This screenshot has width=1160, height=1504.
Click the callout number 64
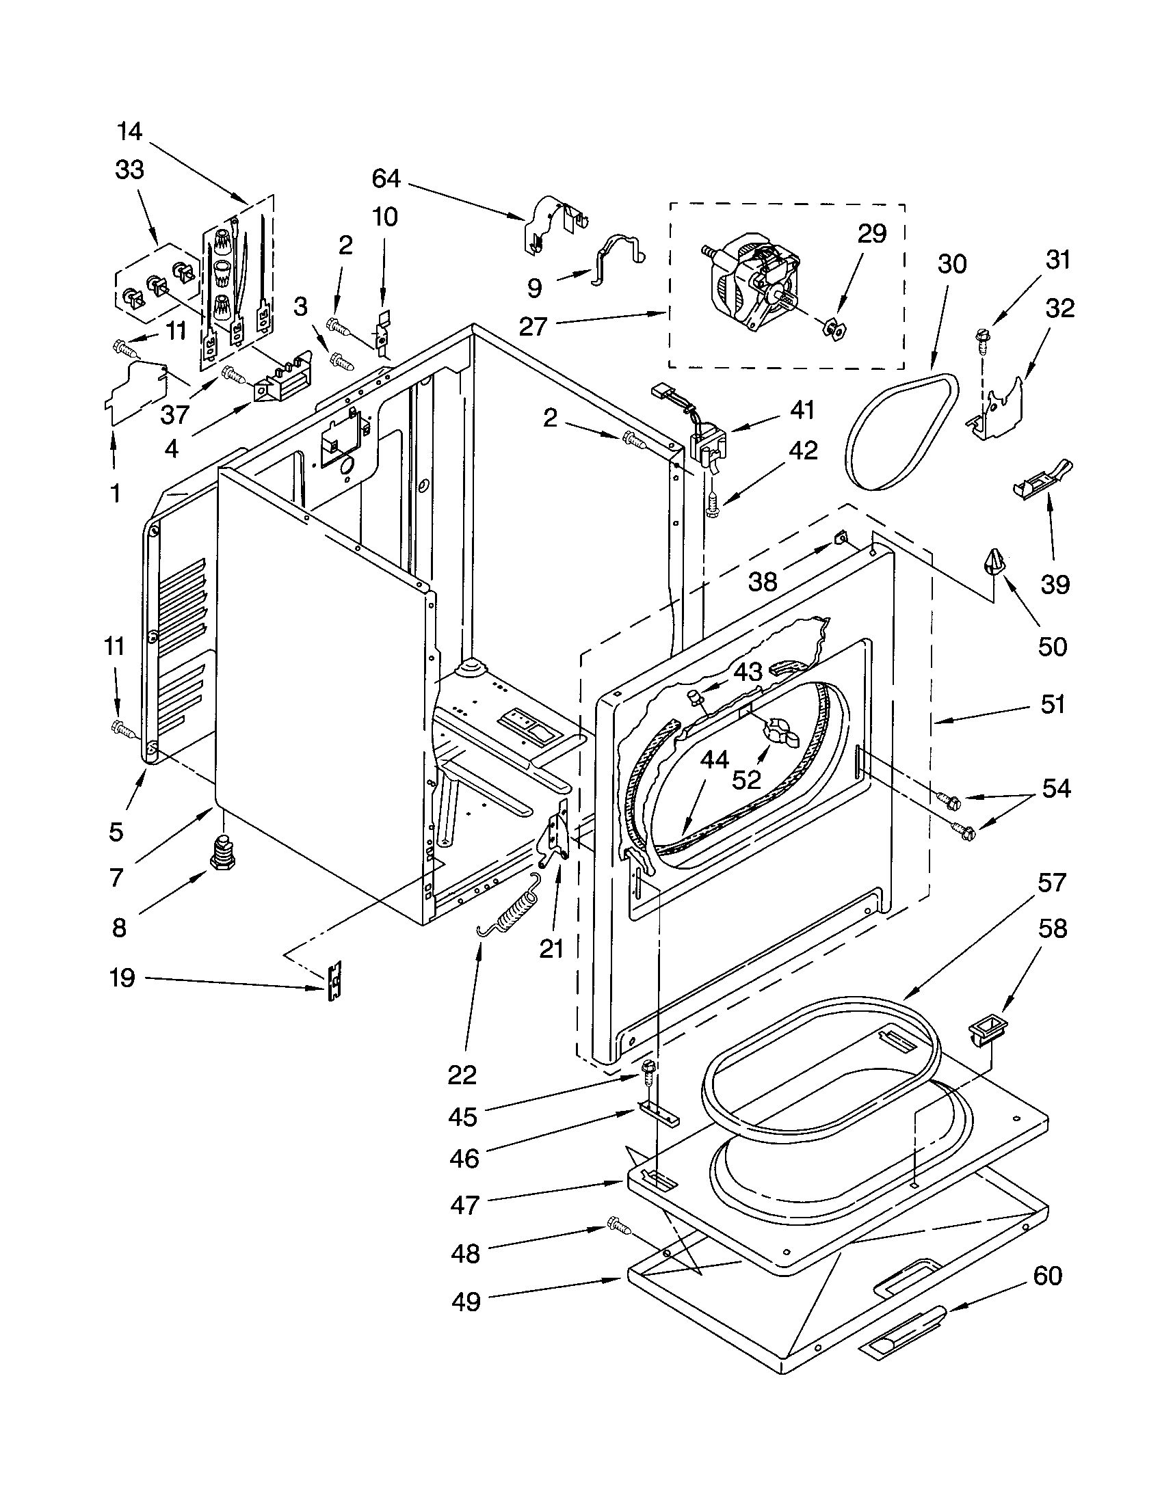click(386, 179)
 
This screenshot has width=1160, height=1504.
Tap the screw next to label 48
click(618, 1225)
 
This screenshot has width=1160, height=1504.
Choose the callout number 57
click(1051, 882)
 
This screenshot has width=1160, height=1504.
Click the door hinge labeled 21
click(557, 835)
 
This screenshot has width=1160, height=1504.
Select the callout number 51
click(1053, 704)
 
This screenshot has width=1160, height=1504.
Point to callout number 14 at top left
click(129, 131)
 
